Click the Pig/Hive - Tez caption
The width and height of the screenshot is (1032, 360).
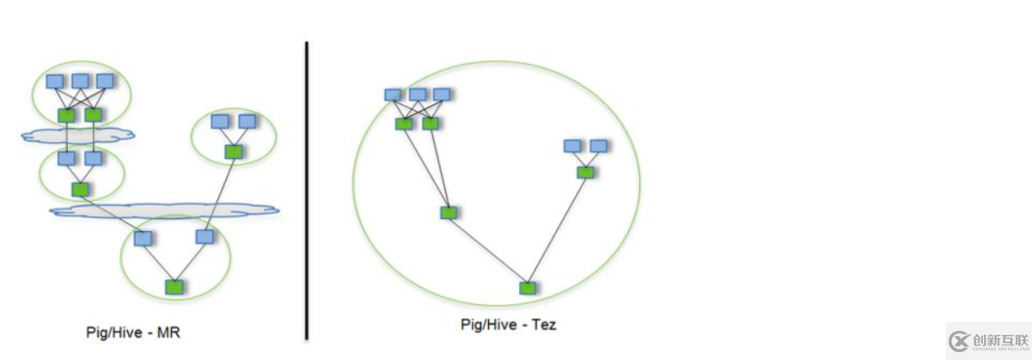tap(508, 325)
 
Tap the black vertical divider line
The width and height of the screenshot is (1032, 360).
tap(307, 189)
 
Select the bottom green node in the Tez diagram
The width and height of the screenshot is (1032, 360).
tap(527, 288)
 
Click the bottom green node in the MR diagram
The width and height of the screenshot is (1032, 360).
tap(174, 286)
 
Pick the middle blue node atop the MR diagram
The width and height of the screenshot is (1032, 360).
tap(80, 81)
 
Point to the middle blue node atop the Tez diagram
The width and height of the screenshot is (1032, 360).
tap(418, 95)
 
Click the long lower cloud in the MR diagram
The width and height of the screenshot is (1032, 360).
tap(163, 210)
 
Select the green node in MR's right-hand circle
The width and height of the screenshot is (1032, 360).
tap(232, 151)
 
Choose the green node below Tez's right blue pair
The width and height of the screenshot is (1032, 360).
tap(585, 172)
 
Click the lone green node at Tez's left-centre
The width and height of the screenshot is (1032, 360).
tap(448, 212)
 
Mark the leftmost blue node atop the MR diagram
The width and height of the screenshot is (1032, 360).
tap(55, 81)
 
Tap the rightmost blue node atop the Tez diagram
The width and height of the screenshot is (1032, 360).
tap(442, 95)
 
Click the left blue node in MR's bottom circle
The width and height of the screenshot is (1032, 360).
tap(144, 238)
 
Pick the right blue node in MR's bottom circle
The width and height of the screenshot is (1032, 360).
tap(205, 236)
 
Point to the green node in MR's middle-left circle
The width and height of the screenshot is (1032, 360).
tap(80, 189)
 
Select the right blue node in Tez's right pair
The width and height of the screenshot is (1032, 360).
tap(599, 146)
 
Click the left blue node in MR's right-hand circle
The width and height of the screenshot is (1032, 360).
tap(219, 121)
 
